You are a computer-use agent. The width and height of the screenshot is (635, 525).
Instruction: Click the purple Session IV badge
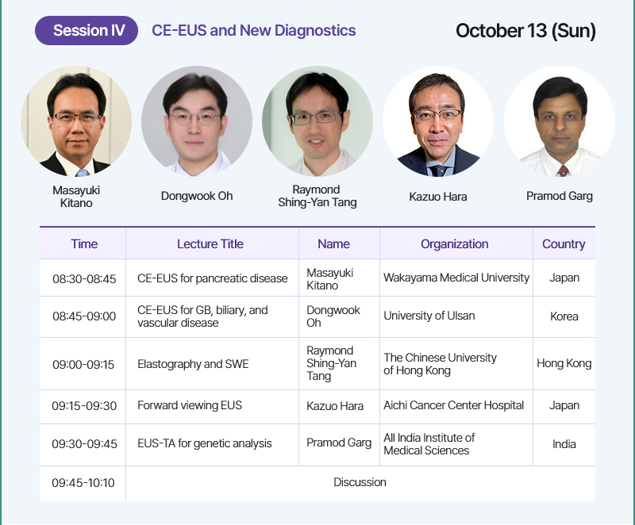[x=87, y=30]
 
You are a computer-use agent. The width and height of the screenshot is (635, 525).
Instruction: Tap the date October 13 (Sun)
[x=525, y=31]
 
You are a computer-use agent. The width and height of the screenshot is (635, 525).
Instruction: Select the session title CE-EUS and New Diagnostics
[x=254, y=30]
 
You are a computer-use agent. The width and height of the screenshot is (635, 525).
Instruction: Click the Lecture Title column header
[x=210, y=244]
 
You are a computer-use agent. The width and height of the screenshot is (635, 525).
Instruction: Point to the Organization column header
[x=454, y=244]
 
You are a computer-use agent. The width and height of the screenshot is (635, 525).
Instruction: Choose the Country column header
[x=564, y=244]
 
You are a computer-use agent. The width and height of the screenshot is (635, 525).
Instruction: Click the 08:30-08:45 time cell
[x=84, y=278]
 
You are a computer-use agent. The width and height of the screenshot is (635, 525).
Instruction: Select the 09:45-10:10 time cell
[x=83, y=482]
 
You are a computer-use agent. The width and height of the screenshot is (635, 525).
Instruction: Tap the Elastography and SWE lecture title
[x=193, y=364]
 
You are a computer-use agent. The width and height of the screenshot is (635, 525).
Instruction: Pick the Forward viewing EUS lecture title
[x=190, y=405]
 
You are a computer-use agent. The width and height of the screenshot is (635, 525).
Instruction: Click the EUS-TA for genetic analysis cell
[x=205, y=443]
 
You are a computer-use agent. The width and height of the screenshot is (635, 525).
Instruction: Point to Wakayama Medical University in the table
[x=456, y=278]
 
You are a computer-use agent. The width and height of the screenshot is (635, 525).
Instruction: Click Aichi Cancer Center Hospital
[x=453, y=405]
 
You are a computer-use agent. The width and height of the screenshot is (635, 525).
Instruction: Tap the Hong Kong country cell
[x=564, y=363]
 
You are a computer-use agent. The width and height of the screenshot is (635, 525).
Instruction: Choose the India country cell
[x=564, y=443]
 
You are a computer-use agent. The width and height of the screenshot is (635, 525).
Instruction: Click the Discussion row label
[x=360, y=482]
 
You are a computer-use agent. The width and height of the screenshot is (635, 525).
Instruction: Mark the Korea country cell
[x=564, y=316]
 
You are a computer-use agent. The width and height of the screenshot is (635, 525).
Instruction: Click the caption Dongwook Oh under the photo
[x=197, y=196]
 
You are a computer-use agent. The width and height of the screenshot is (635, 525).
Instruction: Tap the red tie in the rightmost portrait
[x=563, y=171]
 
